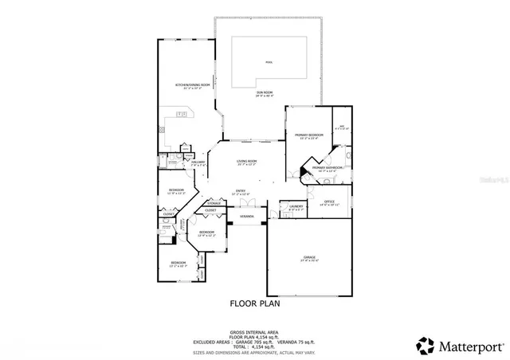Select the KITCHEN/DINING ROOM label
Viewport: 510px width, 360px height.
(193, 84)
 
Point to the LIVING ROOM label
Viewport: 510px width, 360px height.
(247, 162)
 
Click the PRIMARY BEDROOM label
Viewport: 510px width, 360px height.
(309, 135)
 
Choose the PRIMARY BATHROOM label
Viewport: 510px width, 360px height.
(327, 168)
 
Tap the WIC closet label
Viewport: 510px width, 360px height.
(342, 127)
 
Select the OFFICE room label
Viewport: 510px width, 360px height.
(329, 202)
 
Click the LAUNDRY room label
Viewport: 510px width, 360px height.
(296, 206)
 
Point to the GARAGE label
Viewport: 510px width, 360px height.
(309, 257)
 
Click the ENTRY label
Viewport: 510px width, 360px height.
(239, 191)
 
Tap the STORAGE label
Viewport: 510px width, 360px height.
(214, 203)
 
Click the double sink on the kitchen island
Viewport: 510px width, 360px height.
(182, 114)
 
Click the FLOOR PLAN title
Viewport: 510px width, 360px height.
(254, 303)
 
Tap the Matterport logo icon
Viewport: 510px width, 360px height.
(425, 346)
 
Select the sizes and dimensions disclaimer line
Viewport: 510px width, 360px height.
(254, 351)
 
